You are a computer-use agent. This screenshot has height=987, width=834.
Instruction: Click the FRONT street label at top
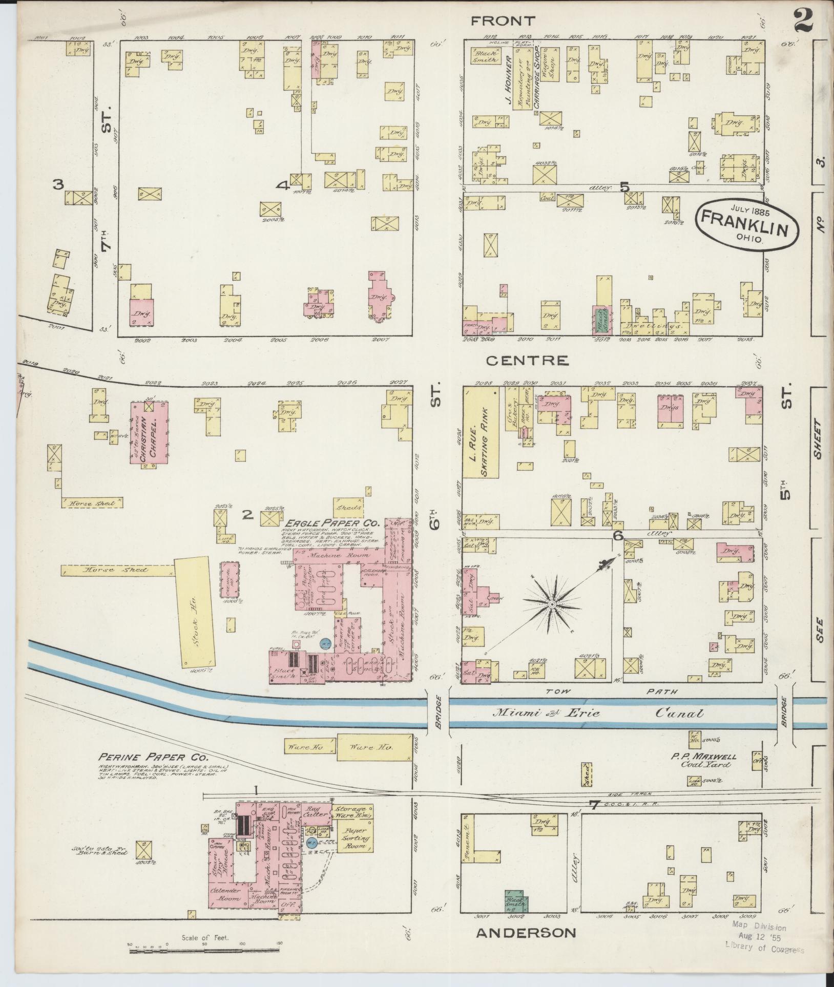503,21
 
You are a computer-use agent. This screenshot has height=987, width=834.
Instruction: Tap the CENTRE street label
527,361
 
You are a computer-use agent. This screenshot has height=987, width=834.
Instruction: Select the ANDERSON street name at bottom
526,932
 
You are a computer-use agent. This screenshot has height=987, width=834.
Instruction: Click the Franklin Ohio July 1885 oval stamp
747,225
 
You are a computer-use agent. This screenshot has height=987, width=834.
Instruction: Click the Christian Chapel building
150,433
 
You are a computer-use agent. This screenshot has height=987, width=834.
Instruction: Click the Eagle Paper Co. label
332,523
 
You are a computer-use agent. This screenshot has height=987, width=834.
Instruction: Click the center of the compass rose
552,605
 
